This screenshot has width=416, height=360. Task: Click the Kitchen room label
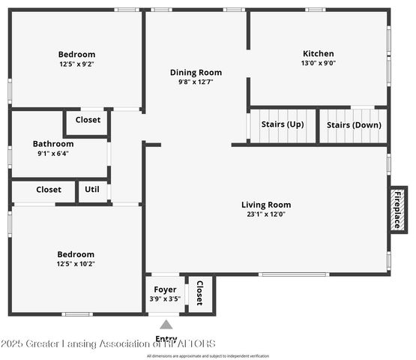tap(318, 54)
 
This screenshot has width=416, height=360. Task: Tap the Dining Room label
tap(196, 73)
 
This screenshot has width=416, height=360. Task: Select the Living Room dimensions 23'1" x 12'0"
tap(266, 214)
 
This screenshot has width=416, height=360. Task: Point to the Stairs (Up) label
tap(283, 124)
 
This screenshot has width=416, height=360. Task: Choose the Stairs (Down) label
tap(353, 124)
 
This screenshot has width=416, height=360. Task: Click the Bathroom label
tap(52, 144)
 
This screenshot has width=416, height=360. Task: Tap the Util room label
tap(92, 190)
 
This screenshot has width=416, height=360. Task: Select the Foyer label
tap(165, 289)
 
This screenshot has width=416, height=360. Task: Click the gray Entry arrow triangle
tap(166, 325)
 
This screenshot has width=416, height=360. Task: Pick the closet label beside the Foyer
tap(199, 293)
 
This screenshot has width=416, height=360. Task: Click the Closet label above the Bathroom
tap(88, 120)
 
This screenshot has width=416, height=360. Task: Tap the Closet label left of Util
tap(49, 190)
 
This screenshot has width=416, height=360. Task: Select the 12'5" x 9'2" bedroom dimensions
tap(76, 64)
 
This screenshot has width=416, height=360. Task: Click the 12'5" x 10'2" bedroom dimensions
tap(76, 264)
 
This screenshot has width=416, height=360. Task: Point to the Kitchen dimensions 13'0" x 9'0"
tap(318, 64)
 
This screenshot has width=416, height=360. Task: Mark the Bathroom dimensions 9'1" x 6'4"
tap(52, 154)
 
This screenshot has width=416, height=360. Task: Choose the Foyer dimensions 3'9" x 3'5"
tap(165, 299)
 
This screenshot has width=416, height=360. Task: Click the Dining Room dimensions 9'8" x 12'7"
tap(196, 82)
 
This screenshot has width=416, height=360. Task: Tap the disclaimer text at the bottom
tap(208, 355)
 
